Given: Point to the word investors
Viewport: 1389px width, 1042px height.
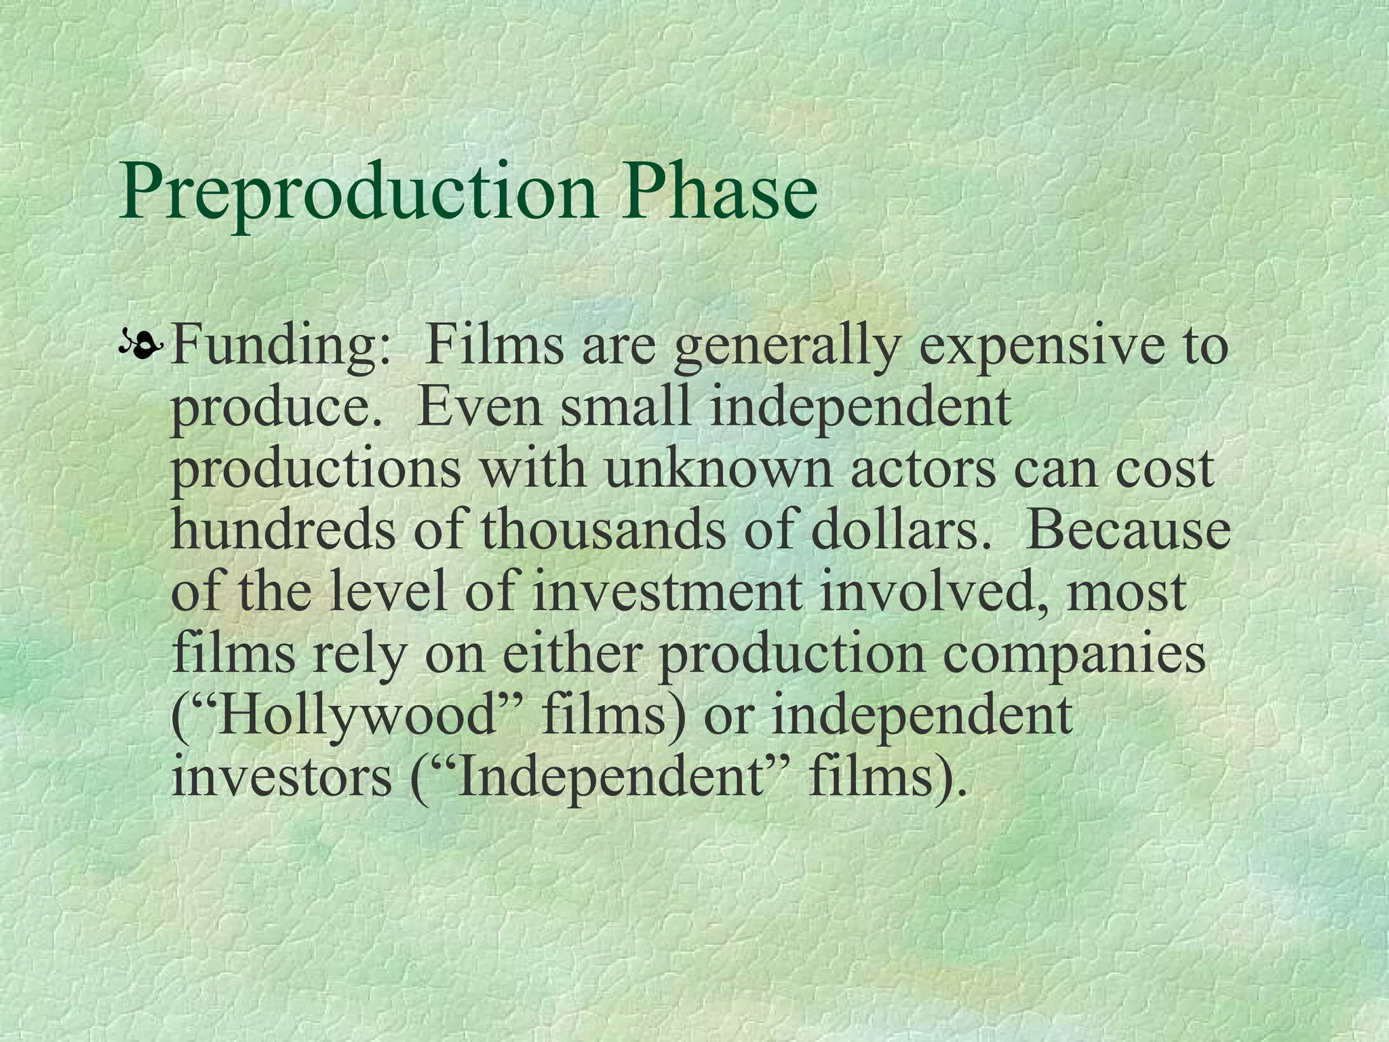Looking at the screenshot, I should (x=281, y=777).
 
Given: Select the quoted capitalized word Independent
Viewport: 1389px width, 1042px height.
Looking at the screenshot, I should (x=610, y=777).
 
